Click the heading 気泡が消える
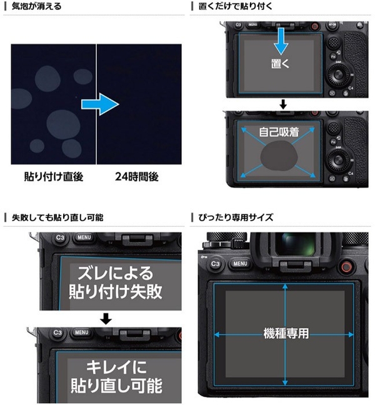(36, 6)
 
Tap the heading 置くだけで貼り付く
(235, 6)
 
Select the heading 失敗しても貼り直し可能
(57, 217)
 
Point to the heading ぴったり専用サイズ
(235, 217)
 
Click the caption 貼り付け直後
(54, 177)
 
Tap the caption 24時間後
(137, 177)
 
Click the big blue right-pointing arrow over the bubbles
(100, 104)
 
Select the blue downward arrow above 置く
(281, 41)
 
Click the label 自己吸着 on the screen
(279, 132)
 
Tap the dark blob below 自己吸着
(279, 156)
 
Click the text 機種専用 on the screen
(286, 333)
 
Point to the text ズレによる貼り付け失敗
(115, 282)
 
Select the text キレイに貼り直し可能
(116, 376)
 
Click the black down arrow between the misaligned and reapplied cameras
(106, 319)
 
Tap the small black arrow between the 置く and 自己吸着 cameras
(283, 104)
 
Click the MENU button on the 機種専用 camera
(240, 264)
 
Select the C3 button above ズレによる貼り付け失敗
(60, 237)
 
